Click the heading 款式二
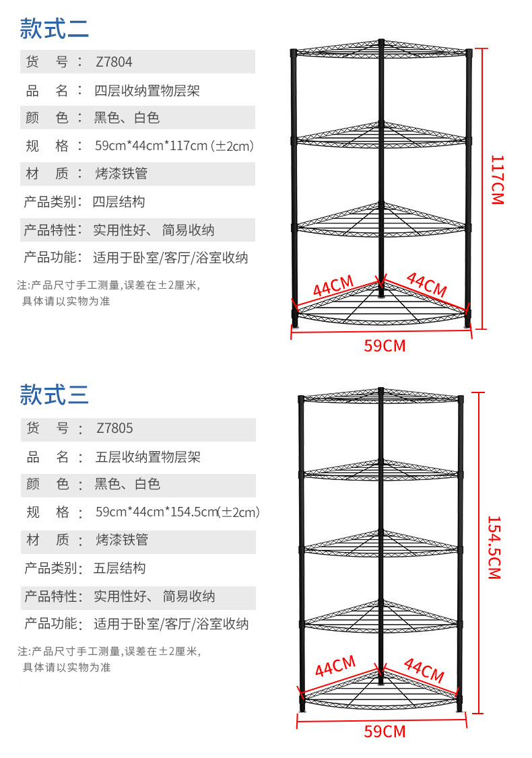(x=54, y=29)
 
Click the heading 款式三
(x=54, y=394)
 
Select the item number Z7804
(x=114, y=62)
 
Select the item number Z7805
(x=114, y=428)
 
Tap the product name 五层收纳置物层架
(x=148, y=457)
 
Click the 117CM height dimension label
(x=497, y=180)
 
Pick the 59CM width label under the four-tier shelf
(x=385, y=346)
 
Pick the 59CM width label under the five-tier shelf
(x=385, y=731)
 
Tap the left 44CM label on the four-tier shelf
(x=333, y=287)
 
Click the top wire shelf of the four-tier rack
(x=380, y=50)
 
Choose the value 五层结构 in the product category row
(x=119, y=568)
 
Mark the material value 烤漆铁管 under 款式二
(x=121, y=174)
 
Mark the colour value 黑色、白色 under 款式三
(x=127, y=484)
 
